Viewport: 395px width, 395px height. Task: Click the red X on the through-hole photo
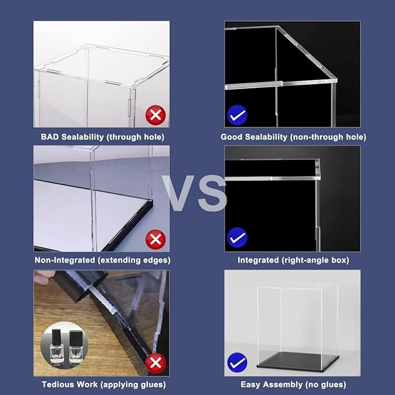(x=155, y=115)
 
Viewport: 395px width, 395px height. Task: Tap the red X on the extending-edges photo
(x=155, y=239)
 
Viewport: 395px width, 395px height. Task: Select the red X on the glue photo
(x=155, y=364)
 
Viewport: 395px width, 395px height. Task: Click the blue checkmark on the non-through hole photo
(x=237, y=115)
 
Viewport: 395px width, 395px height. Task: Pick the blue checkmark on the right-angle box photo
(x=237, y=237)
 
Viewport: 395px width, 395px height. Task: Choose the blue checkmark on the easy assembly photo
(x=237, y=363)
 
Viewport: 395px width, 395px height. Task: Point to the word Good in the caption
(x=232, y=137)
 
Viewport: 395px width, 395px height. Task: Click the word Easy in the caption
(x=251, y=385)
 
